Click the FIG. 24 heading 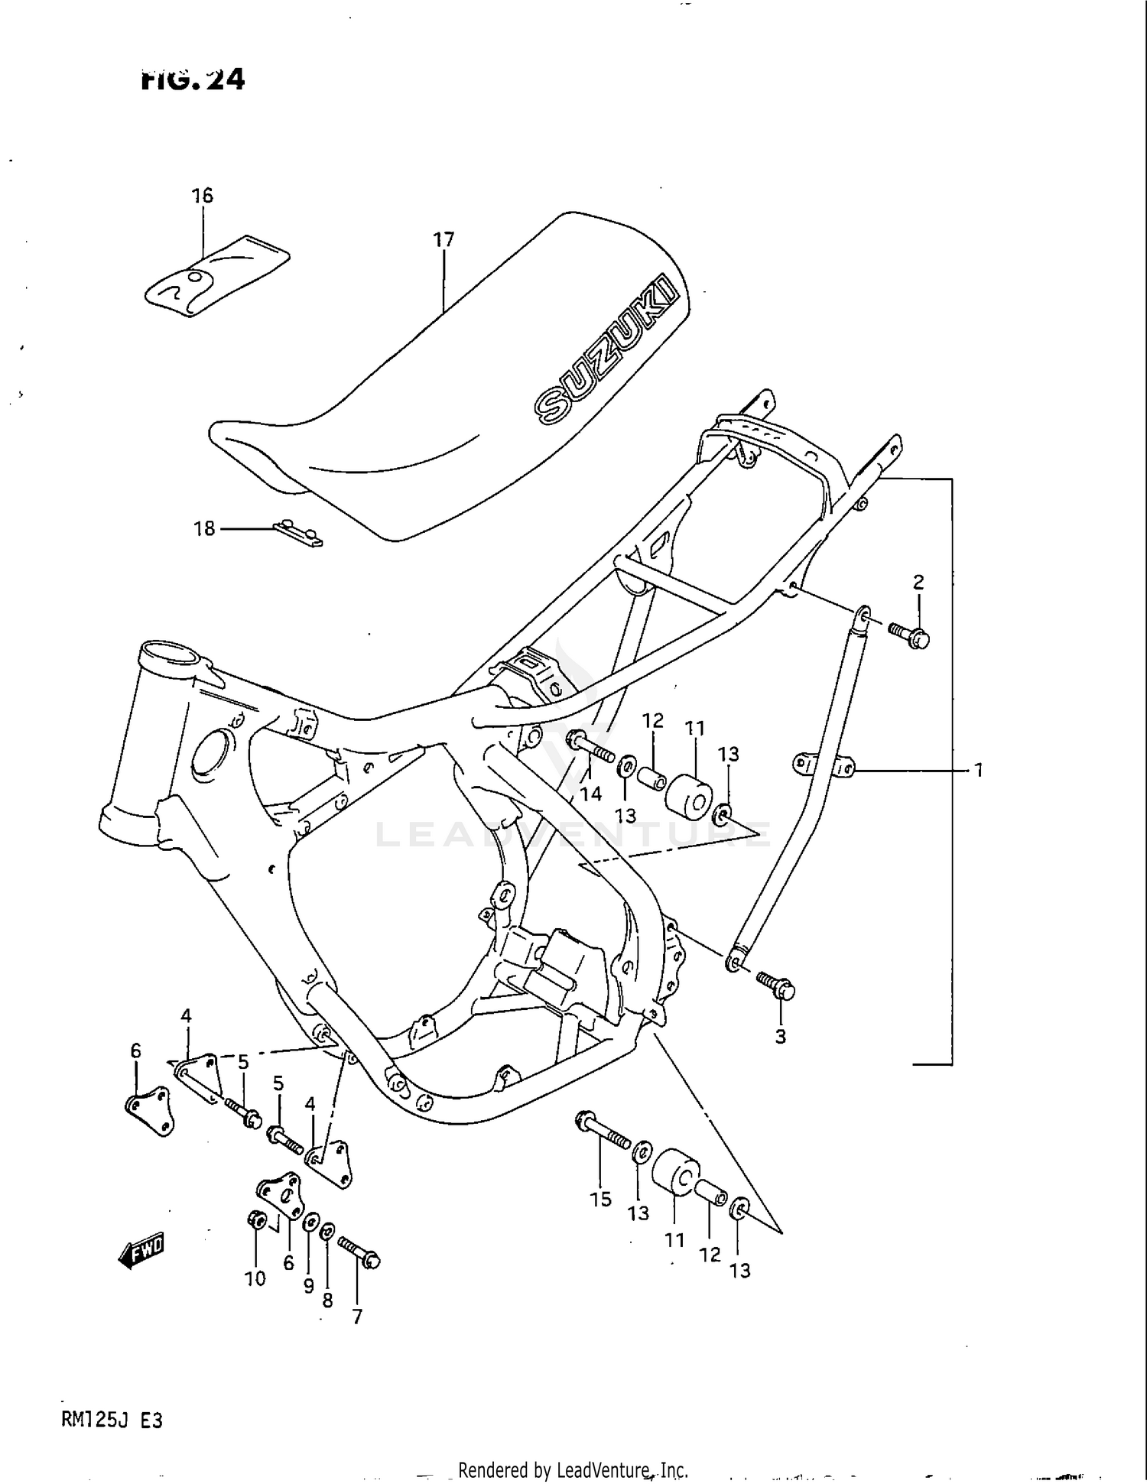tap(193, 80)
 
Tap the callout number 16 tap(202, 196)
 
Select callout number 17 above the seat tap(444, 240)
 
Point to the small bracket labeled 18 tap(298, 533)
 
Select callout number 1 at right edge tap(978, 771)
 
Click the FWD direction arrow tap(142, 1252)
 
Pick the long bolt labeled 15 tap(603, 1132)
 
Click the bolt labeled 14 tap(590, 746)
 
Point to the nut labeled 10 tap(256, 1220)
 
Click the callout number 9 tap(308, 1286)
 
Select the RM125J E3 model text tap(112, 1421)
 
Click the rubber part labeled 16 tap(218, 276)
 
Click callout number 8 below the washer tap(327, 1301)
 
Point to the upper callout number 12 tap(652, 720)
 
